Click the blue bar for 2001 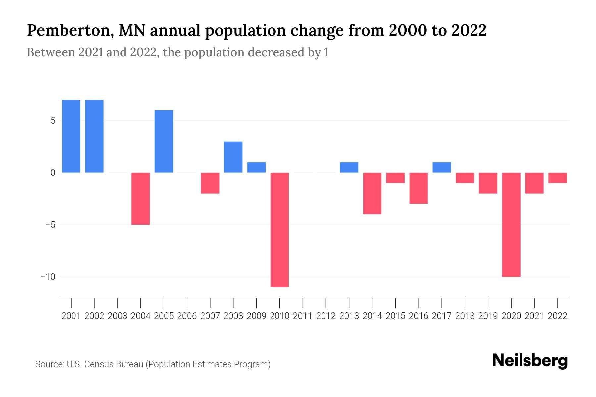tap(71, 136)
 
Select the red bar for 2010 tap(279, 230)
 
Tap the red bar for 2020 tap(511, 224)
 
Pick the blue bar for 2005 tap(164, 141)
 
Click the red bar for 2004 tap(141, 198)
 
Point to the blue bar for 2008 tap(233, 157)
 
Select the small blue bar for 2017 tap(442, 167)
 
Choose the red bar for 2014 tap(372, 193)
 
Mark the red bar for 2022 tap(558, 178)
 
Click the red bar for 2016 tap(419, 188)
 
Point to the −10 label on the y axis tap(48, 277)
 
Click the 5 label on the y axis tap(53, 121)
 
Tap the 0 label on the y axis tap(53, 173)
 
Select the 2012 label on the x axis tap(326, 316)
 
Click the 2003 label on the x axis tap(118, 316)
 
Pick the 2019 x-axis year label tap(488, 316)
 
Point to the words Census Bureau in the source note tap(115, 364)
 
